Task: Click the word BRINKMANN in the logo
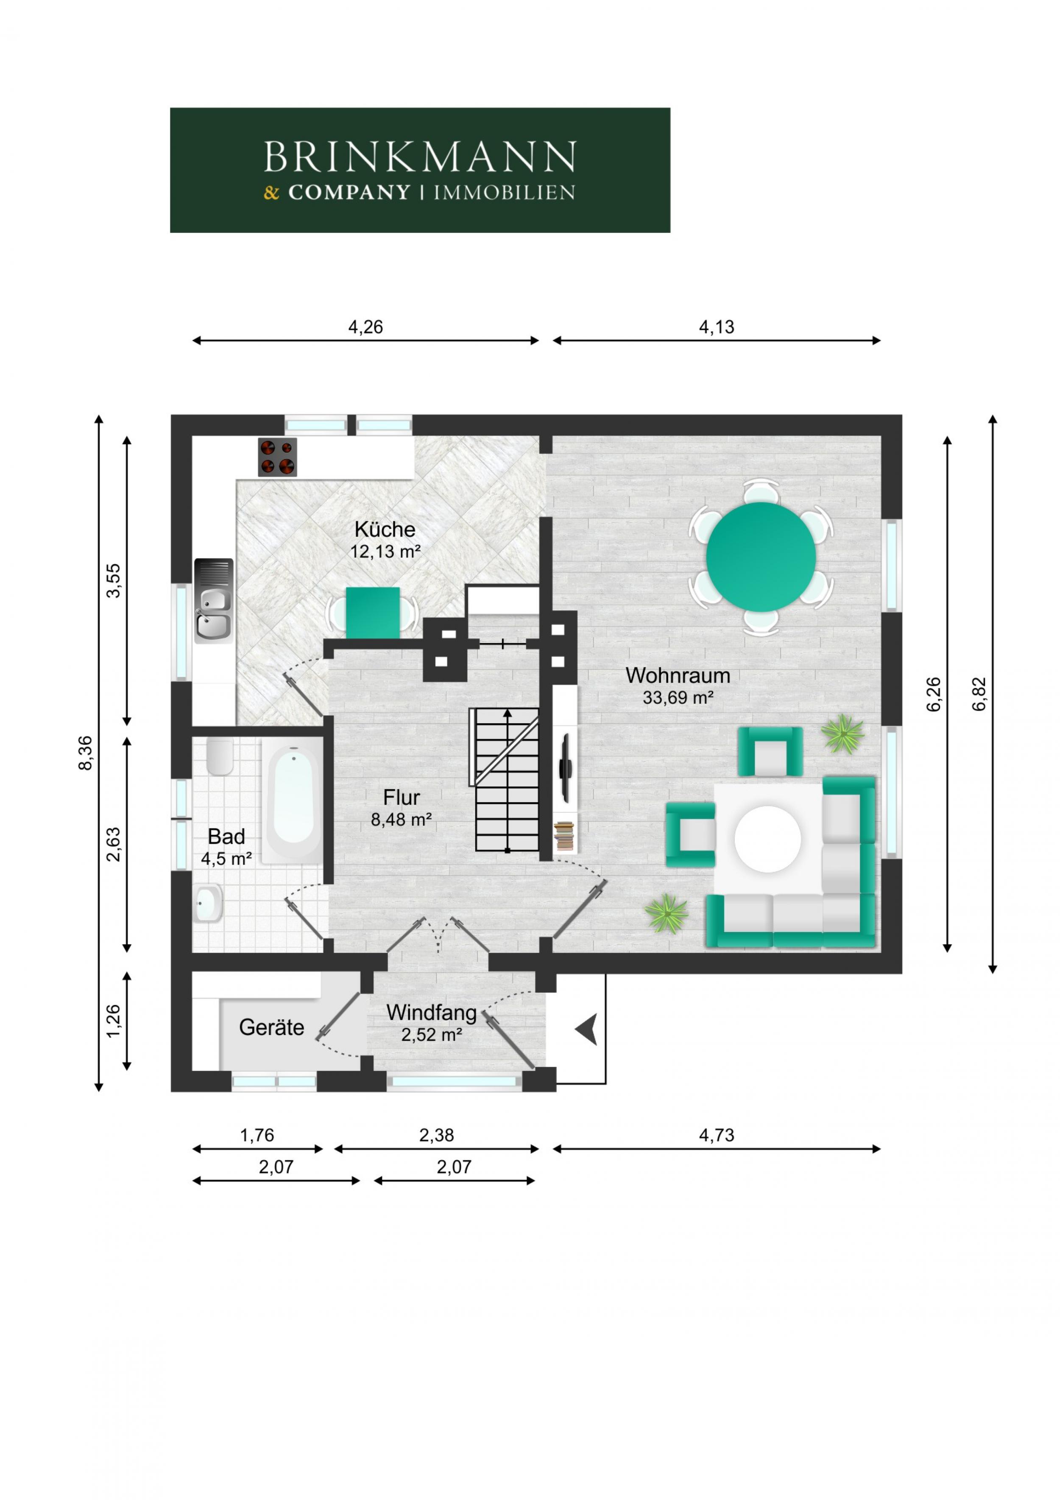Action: point(420,157)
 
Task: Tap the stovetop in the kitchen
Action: point(278,457)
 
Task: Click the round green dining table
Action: point(761,557)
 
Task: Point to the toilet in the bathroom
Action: point(220,756)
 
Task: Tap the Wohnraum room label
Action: point(678,675)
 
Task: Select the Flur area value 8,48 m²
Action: point(402,819)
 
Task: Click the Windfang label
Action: point(432,1013)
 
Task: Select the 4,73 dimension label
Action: point(717,1135)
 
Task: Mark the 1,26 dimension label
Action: point(114,1020)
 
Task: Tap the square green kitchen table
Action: point(373,613)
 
